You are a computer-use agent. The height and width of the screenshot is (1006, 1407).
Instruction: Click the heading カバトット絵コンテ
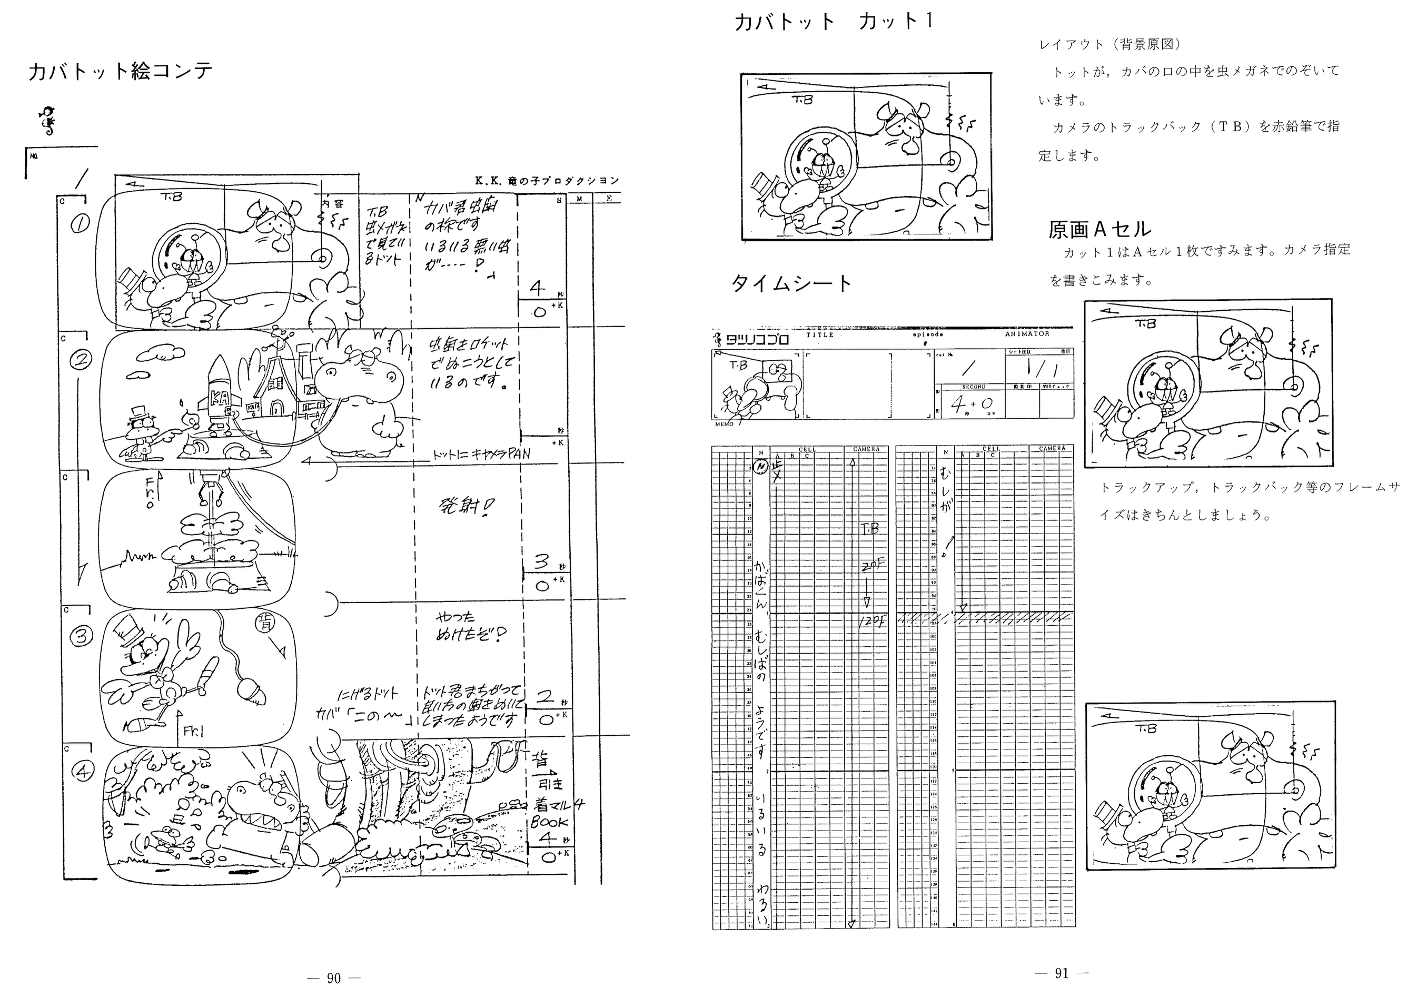(121, 72)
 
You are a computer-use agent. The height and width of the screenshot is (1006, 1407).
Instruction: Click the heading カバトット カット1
(834, 22)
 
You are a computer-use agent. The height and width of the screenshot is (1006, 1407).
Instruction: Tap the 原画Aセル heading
(1099, 229)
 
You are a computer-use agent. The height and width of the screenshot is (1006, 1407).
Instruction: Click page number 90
(334, 978)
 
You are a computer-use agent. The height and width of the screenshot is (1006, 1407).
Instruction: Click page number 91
(1062, 973)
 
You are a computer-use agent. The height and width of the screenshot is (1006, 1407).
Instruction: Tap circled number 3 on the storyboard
(81, 637)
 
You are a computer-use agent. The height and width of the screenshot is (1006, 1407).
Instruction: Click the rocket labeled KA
(218, 390)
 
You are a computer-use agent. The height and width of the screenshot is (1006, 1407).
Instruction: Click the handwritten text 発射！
(465, 508)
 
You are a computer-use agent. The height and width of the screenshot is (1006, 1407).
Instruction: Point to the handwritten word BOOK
(549, 822)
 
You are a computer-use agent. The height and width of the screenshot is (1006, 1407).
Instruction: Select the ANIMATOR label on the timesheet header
(1027, 334)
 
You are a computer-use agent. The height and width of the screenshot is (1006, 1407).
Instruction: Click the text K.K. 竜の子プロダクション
(546, 181)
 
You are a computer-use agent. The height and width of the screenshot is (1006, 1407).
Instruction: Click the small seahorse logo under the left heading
(47, 121)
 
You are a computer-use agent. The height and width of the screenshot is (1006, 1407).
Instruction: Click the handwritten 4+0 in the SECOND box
(971, 405)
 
